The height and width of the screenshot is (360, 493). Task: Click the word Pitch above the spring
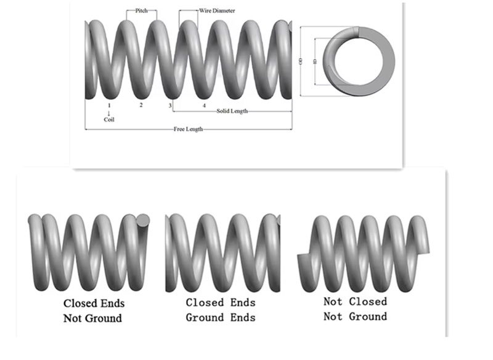[x=141, y=11]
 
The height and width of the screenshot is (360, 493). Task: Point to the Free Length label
[x=188, y=129]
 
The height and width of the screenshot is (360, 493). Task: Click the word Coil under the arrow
[x=109, y=120]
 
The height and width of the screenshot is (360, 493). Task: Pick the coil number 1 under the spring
[x=109, y=105]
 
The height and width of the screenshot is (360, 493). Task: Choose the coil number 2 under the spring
[x=141, y=105]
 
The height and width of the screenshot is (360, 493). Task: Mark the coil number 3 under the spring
[x=170, y=105]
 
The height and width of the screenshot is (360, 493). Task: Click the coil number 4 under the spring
[x=204, y=105]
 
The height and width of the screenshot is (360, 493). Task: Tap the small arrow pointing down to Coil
[x=109, y=112]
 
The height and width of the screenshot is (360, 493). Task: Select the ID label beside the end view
[x=315, y=62]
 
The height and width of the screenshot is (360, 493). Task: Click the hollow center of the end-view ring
[x=359, y=62]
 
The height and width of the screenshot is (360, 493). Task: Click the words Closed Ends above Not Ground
[x=94, y=303]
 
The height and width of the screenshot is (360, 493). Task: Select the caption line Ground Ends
[x=221, y=317]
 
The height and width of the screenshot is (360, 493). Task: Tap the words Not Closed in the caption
[x=356, y=301]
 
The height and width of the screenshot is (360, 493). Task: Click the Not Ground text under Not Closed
[x=356, y=316]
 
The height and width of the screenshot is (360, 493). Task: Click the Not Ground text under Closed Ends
[x=92, y=318]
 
